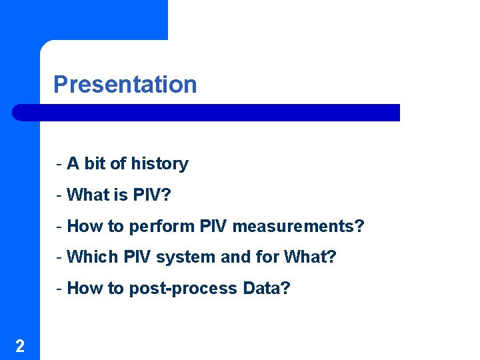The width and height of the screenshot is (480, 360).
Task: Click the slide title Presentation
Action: pos(125,85)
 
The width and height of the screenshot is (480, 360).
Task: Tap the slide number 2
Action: pos(20,345)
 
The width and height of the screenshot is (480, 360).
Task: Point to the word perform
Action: pos(162,227)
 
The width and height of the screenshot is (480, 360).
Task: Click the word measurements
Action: pos(298,227)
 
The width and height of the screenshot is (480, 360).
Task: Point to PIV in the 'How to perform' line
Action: pos(213,227)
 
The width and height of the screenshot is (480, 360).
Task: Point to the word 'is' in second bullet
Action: pos(120,195)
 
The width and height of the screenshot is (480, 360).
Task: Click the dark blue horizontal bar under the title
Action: pos(207,113)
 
